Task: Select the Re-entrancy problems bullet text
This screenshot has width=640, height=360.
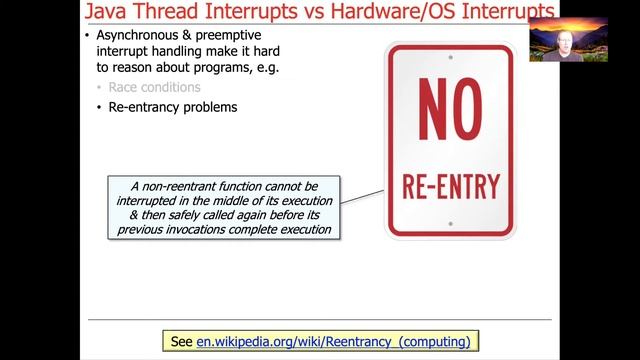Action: [172, 107]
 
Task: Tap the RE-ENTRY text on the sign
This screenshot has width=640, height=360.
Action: [450, 186]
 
